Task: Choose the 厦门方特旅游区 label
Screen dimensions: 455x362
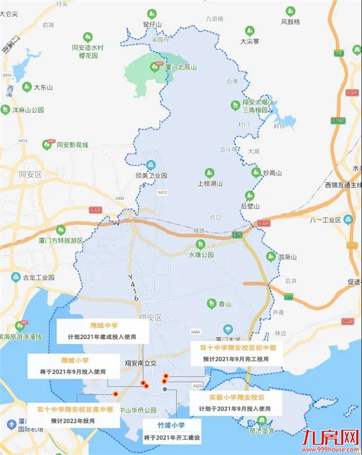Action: (61, 240)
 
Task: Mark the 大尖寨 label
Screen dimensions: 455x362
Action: (251, 41)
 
